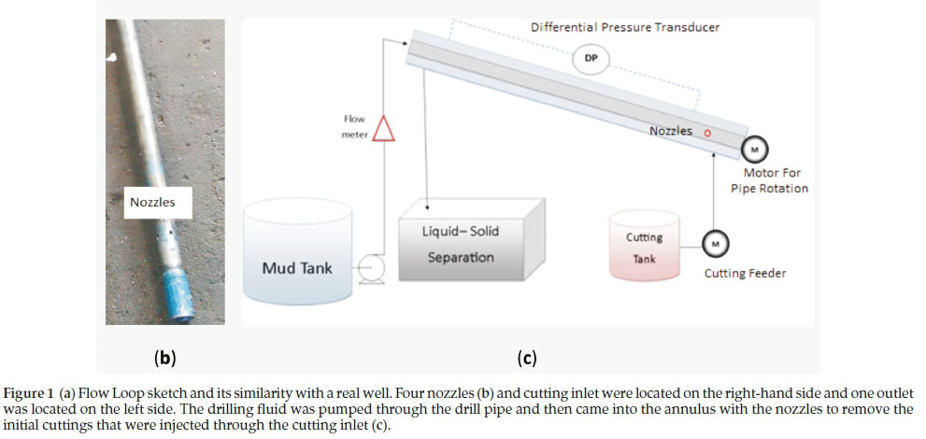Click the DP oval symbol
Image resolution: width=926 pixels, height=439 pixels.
[591, 59]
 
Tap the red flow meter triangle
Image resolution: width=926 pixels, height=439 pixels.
[383, 128]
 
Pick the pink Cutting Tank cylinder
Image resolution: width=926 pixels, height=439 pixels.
[645, 246]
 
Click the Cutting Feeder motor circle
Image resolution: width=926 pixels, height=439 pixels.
[716, 244]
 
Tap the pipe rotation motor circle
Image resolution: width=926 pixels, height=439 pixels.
[753, 149]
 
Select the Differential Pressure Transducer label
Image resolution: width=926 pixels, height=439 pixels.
[625, 27]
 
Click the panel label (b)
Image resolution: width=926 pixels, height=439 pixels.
[164, 356]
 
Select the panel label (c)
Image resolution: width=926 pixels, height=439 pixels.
[526, 356]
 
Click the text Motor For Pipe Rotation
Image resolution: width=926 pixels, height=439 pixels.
[775, 180]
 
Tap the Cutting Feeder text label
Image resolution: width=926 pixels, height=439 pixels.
[744, 273]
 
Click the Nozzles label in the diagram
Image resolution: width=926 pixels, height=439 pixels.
[671, 131]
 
